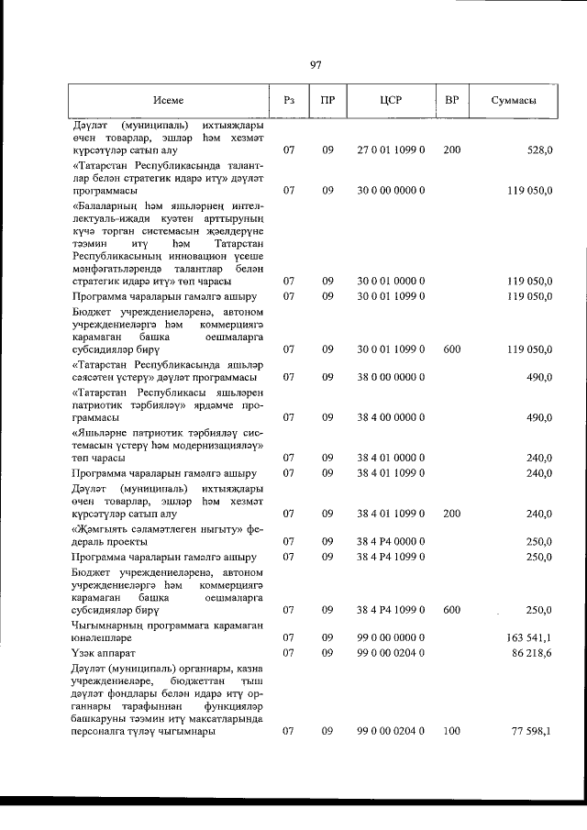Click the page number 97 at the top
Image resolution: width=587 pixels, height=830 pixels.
coord(316,64)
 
